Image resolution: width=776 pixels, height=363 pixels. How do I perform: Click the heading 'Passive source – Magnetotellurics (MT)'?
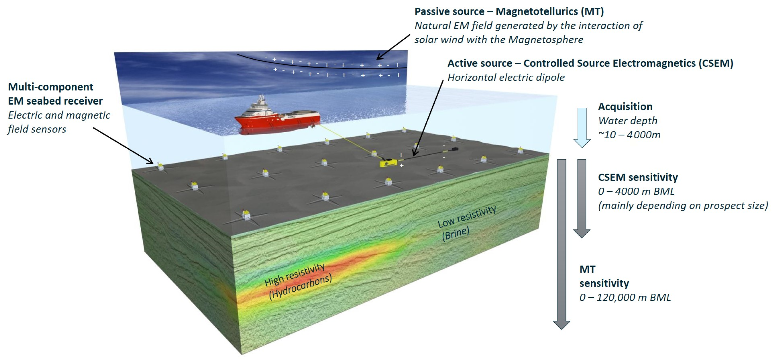[509, 11]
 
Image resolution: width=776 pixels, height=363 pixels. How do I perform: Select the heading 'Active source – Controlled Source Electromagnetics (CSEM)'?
[590, 63]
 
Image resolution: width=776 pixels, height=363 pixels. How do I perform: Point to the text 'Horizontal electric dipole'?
[506, 77]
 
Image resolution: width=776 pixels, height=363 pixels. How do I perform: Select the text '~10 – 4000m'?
[629, 135]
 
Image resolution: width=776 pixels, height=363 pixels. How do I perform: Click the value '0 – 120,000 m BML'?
[625, 297]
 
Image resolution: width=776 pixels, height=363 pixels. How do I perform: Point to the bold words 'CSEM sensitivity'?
[638, 177]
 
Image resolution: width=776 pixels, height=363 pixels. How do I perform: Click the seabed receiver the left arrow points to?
[160, 166]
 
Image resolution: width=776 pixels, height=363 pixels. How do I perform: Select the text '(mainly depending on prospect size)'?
[683, 205]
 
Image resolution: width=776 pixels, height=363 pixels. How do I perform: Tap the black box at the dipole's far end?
[455, 149]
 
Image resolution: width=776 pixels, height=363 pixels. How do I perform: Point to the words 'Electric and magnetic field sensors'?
[59, 122]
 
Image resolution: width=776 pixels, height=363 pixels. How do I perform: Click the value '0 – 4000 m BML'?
[636, 191]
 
